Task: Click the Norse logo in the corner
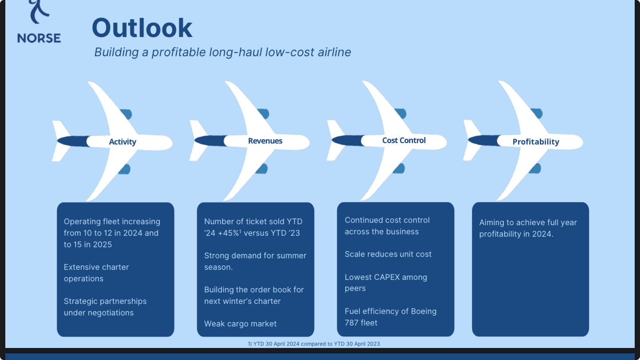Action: (39, 23)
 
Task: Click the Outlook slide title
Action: (142, 28)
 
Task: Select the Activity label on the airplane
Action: (122, 142)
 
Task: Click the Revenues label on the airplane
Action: (265, 141)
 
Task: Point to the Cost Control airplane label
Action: (403, 141)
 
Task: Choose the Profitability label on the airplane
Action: (535, 142)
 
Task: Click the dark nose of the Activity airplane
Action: (72, 141)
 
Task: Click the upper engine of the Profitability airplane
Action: (536, 114)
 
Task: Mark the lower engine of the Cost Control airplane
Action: (399, 168)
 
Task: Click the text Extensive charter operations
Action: (96, 273)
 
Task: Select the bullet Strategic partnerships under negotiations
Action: (105, 307)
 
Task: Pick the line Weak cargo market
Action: (240, 324)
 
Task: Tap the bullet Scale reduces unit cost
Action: (388, 254)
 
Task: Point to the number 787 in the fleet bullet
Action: (352, 323)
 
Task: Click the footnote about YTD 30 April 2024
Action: (313, 344)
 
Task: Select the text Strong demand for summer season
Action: (255, 261)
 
